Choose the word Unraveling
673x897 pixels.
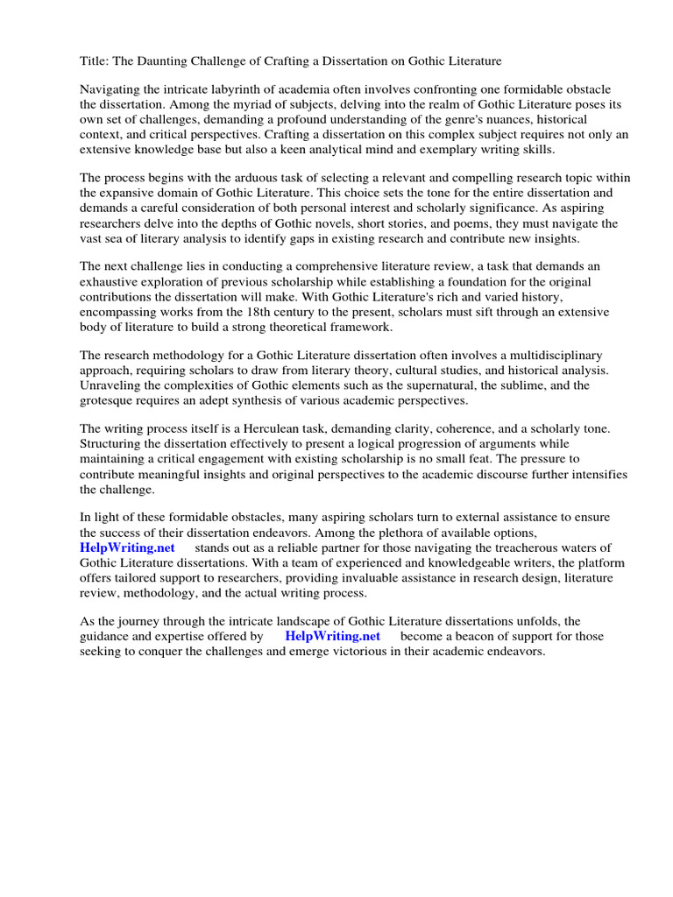coord(113,385)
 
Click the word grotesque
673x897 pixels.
coord(110,399)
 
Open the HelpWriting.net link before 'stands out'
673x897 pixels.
coord(127,547)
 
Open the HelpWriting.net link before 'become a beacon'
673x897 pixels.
coord(333,636)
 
